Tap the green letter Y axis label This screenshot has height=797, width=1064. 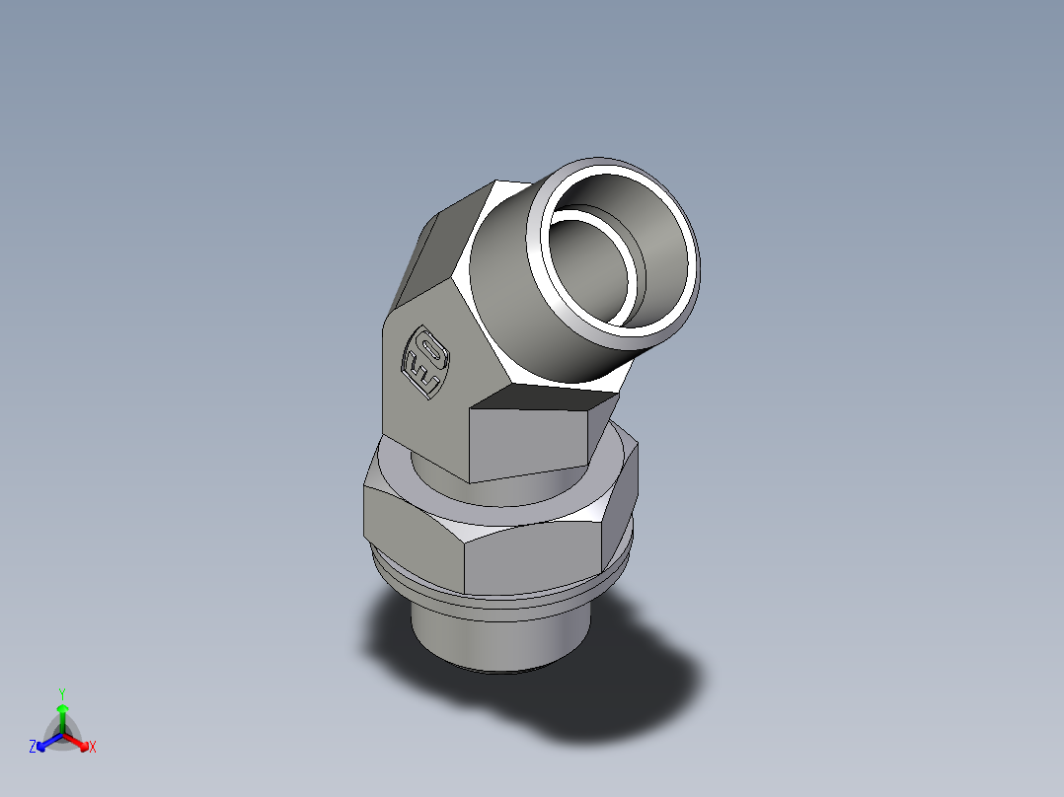click(x=61, y=692)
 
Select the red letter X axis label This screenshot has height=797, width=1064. click(x=93, y=747)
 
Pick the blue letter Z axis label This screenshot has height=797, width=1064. click(x=32, y=747)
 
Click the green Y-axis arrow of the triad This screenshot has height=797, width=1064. click(x=61, y=714)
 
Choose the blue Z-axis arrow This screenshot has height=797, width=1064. click(x=45, y=742)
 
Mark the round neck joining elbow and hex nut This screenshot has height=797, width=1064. click(x=434, y=473)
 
